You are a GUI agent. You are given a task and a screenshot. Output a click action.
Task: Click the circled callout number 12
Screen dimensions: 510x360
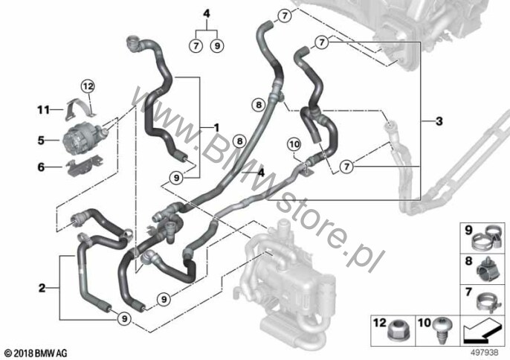click(x=88, y=86)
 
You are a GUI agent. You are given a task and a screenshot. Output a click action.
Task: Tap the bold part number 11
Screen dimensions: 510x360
click(x=44, y=110)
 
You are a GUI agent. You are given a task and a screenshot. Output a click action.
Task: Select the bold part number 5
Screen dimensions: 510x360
click(x=41, y=141)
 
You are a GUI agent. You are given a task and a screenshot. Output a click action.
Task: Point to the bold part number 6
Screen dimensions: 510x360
click(x=41, y=167)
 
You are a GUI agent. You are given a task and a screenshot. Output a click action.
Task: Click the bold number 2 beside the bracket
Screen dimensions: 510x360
click(x=42, y=288)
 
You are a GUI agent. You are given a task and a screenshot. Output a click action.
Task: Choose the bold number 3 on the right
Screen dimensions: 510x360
click(x=439, y=121)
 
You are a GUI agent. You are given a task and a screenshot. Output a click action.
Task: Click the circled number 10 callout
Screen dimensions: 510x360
click(x=294, y=144)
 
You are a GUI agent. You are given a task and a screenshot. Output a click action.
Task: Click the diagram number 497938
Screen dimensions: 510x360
click(x=485, y=353)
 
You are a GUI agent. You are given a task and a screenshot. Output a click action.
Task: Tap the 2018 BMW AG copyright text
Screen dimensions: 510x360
click(x=36, y=353)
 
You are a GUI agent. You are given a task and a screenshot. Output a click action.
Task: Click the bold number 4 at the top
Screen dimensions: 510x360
click(x=207, y=14)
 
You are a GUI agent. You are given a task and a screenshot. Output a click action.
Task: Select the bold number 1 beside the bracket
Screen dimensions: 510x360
click(x=216, y=127)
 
